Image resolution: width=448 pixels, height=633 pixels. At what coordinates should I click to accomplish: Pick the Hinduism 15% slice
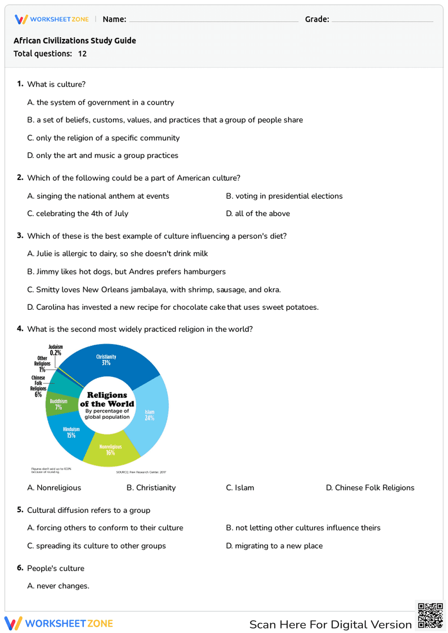71,432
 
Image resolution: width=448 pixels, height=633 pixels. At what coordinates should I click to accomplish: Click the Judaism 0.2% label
56,350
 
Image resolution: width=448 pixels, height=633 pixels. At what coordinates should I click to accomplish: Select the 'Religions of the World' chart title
107,399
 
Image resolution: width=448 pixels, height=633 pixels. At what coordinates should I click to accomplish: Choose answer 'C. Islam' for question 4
240,488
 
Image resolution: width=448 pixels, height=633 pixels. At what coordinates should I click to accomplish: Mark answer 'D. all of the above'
258,214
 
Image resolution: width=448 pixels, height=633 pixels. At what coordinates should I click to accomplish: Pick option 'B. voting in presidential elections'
284,196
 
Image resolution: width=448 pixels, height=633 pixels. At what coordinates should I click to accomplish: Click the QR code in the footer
430,616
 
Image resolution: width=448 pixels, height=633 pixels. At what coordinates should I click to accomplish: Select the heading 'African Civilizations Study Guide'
75,41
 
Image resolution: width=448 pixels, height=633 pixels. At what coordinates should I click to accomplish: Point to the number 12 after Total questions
82,54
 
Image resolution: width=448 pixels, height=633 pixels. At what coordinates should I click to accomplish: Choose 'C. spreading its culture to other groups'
97,546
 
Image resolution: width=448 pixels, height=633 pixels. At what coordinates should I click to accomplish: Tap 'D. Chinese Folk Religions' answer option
370,488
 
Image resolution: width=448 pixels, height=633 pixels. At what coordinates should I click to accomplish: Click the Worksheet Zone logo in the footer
59,623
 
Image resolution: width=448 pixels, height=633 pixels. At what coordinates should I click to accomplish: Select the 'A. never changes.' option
58,586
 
